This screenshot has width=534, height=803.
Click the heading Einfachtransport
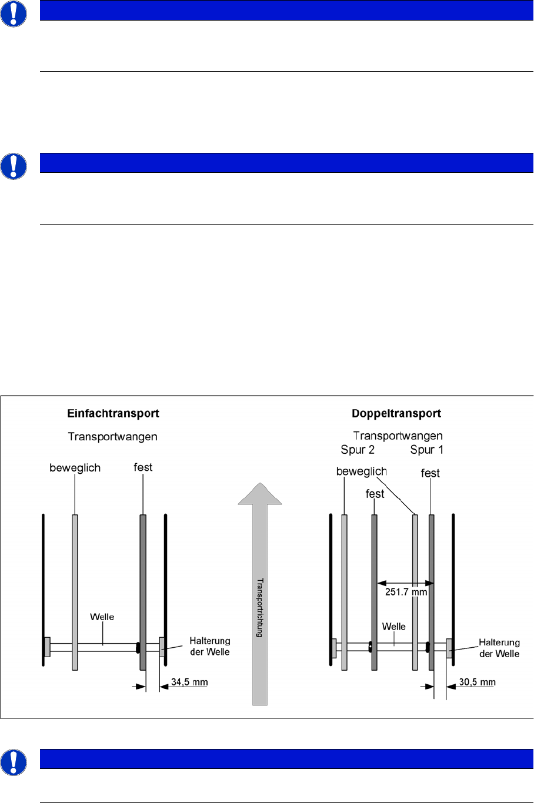[x=113, y=413]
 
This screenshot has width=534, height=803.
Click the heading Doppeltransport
[x=396, y=413]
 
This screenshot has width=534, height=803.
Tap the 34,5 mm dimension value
[x=189, y=682]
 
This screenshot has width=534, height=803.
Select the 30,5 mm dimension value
[x=477, y=682]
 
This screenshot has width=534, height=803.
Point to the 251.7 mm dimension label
[x=406, y=592]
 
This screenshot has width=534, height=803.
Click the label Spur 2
[x=358, y=450]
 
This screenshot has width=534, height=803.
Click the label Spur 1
[x=426, y=450]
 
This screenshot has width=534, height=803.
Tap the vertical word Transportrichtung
[x=259, y=608]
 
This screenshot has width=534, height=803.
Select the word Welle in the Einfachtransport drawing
[x=102, y=617]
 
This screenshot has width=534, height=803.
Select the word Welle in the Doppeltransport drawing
[x=393, y=627]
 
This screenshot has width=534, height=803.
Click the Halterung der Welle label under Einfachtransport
[x=210, y=646]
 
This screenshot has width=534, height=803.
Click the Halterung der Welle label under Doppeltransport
[x=499, y=648]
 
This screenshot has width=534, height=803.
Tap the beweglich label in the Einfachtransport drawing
[x=75, y=468]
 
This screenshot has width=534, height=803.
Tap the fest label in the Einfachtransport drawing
[x=143, y=467]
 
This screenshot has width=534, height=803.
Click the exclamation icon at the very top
[x=13, y=13]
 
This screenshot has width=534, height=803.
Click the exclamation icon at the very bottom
[x=13, y=762]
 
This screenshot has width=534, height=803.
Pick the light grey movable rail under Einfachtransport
[x=75, y=588]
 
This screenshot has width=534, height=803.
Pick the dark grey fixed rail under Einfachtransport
[x=143, y=588]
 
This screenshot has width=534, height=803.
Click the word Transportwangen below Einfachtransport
[x=112, y=436]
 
